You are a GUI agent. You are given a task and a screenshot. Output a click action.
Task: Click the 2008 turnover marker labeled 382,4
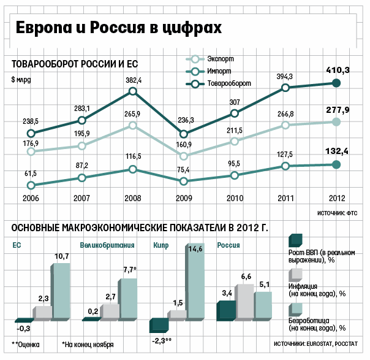coord(134,91)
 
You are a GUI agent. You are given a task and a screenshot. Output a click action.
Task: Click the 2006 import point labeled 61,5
coord(31,185)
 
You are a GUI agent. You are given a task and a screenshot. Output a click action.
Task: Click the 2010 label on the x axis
coord(235,198)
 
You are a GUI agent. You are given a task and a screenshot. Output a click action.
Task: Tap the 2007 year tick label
coord(82,198)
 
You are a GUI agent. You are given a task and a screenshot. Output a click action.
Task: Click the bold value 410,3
coord(337,71)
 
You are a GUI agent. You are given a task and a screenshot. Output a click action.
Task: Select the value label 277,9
coord(337,110)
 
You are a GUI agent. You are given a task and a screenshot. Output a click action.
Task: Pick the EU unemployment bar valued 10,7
coord(61,291)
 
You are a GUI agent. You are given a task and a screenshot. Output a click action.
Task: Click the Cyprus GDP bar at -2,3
coord(159,326)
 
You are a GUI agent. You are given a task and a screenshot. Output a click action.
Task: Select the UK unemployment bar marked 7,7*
coord(128,299)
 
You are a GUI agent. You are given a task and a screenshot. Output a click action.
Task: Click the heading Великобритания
coord(107,245)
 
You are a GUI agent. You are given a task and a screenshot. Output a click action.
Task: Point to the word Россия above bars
coord(228,245)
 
